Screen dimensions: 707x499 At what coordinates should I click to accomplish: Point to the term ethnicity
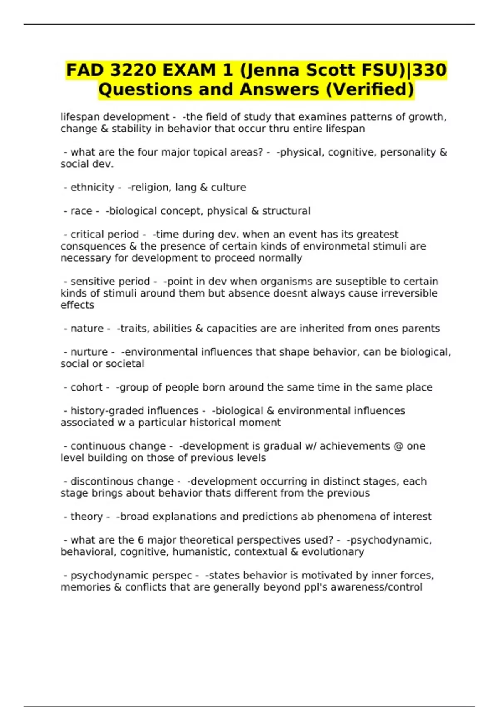(92, 188)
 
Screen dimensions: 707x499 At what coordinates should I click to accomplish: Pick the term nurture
(89, 352)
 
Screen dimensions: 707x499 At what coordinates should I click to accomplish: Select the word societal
(124, 364)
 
